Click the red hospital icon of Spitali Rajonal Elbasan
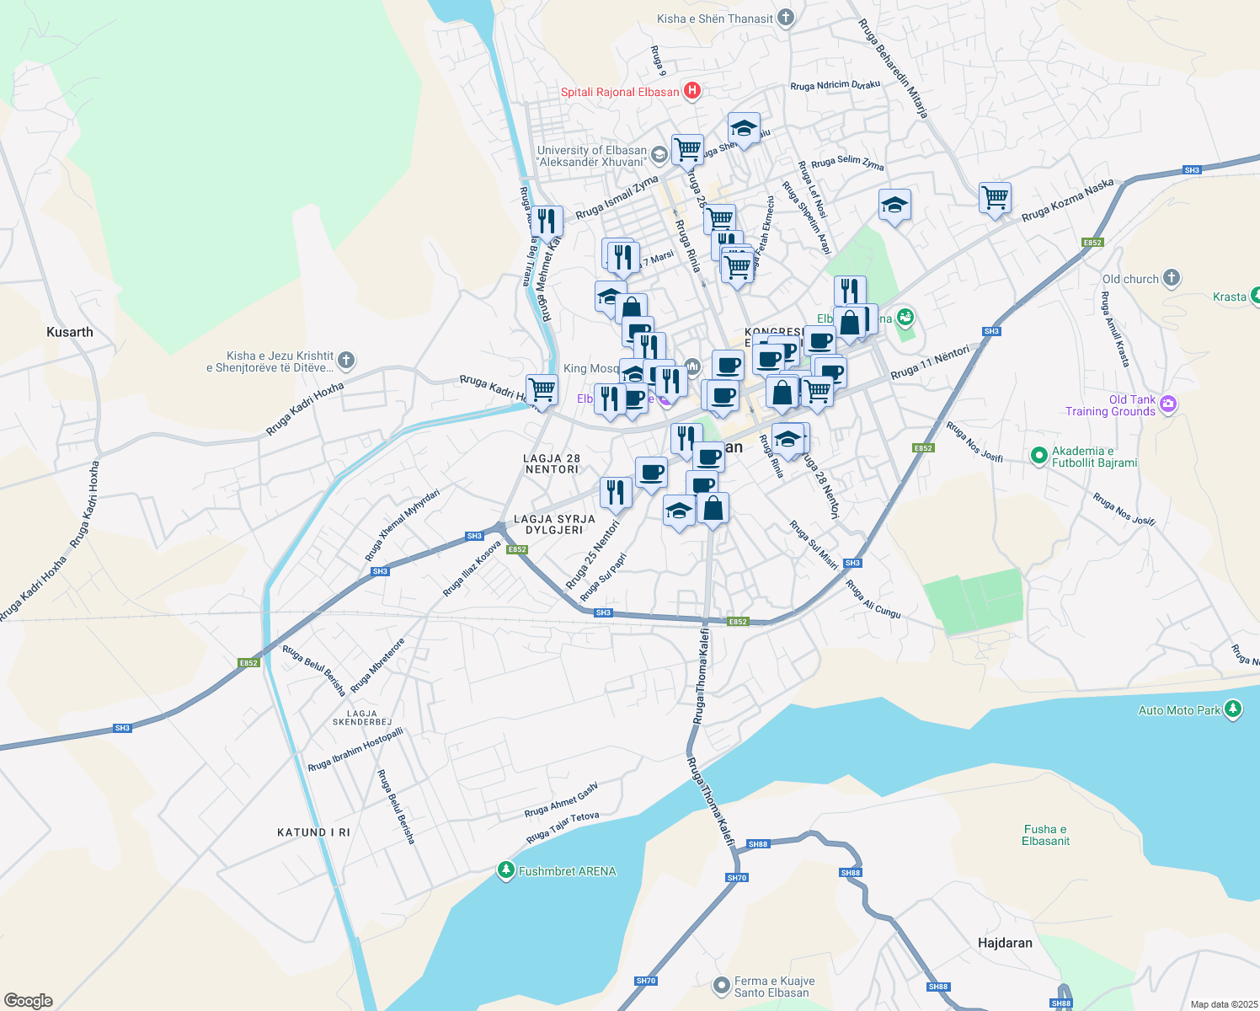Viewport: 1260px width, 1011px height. click(691, 91)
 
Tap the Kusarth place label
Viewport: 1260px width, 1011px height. click(70, 332)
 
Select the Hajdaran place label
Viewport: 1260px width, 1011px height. click(1005, 943)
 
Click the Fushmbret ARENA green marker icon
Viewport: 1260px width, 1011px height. click(505, 870)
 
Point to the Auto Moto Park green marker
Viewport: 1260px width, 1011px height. click(1233, 709)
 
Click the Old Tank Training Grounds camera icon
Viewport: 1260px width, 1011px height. click(1167, 404)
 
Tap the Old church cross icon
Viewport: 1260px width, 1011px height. click(1171, 278)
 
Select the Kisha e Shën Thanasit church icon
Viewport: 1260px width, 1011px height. click(785, 18)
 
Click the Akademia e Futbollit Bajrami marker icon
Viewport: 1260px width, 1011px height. click(1038, 456)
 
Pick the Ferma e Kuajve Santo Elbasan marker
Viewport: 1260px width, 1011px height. click(721, 985)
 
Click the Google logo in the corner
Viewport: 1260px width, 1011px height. click(28, 1000)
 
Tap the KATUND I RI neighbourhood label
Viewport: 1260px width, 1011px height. click(313, 832)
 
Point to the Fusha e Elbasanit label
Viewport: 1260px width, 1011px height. click(1045, 835)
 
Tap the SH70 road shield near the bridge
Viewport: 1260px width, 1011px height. click(736, 878)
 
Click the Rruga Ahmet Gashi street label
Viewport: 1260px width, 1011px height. click(561, 800)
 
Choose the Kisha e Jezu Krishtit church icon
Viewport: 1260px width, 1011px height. click(345, 361)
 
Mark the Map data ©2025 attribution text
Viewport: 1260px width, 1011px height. click(1223, 1004)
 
